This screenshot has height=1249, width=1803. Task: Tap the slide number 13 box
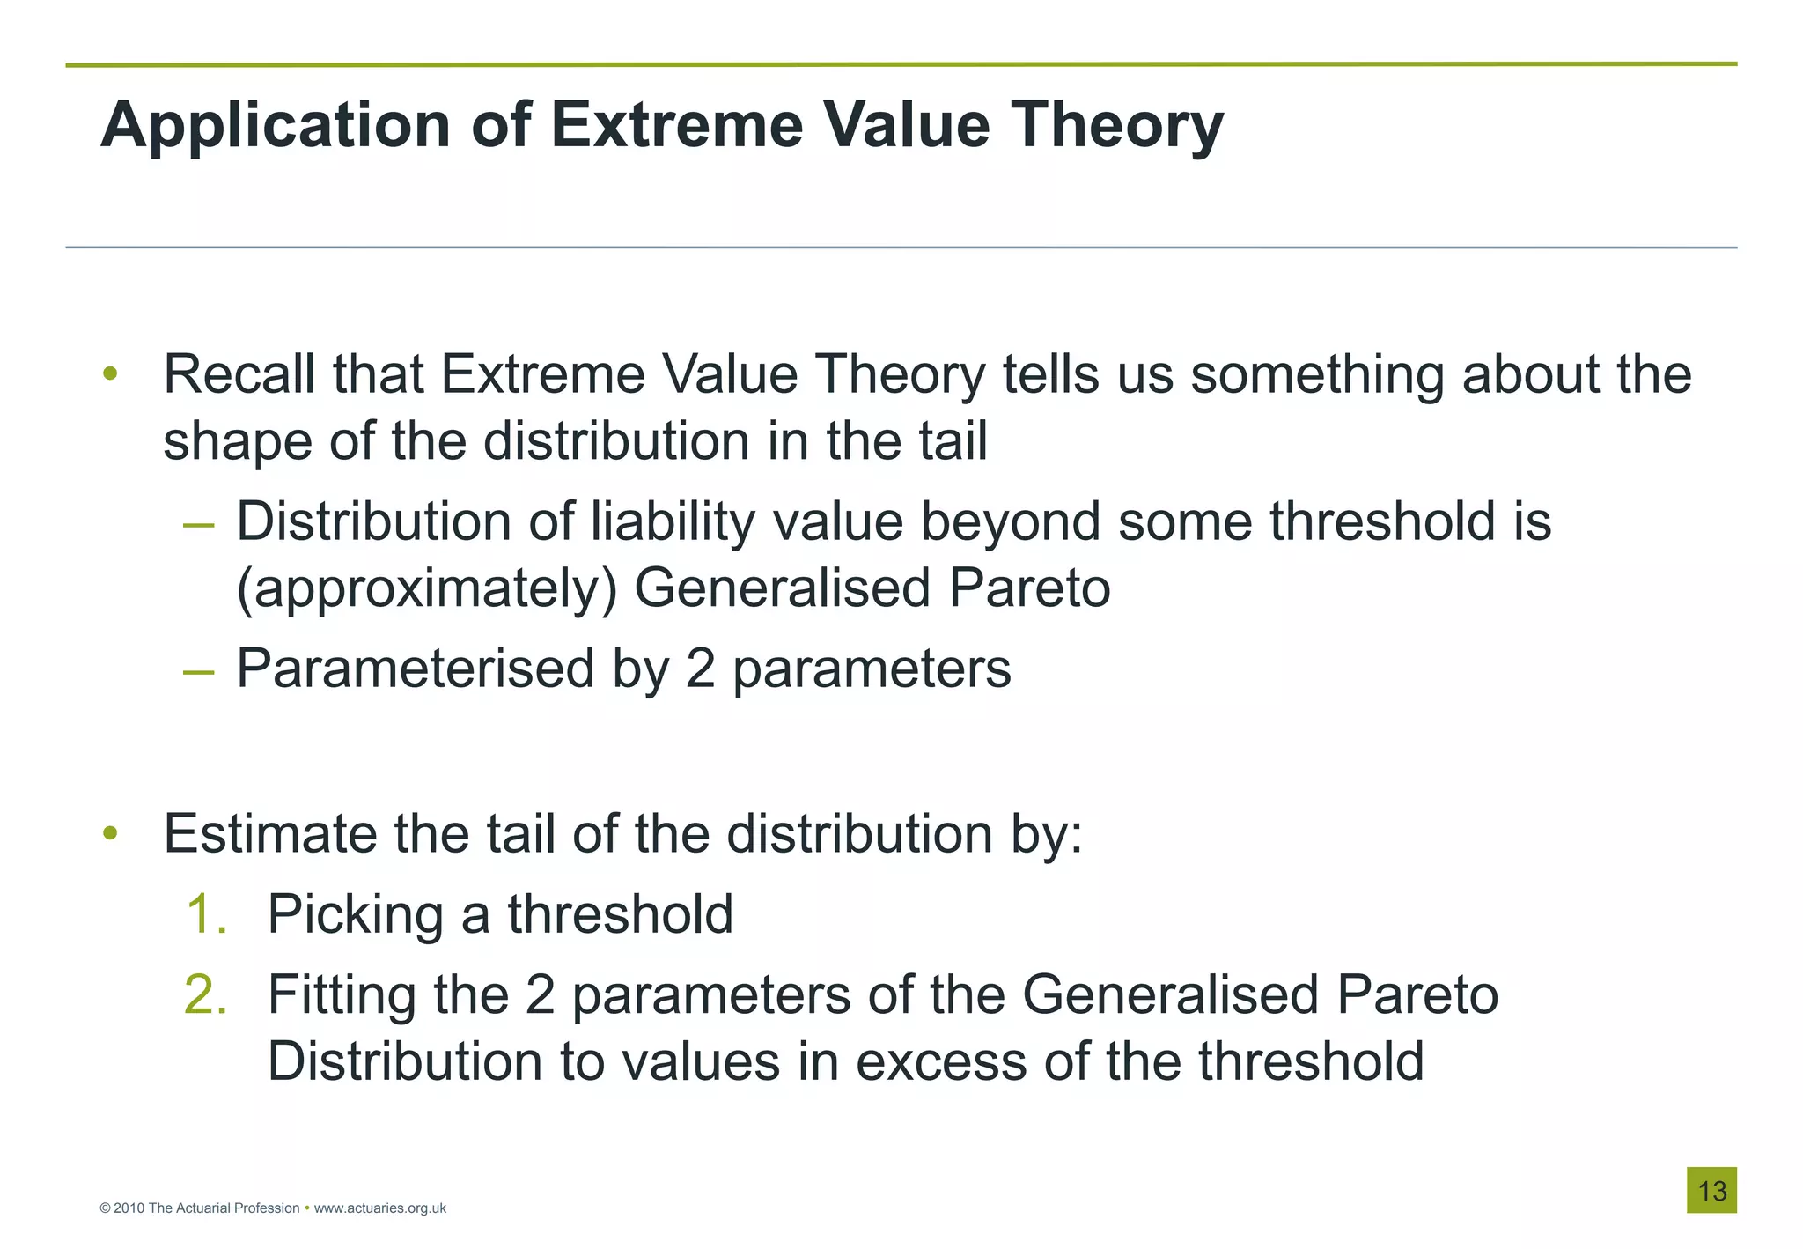click(1711, 1190)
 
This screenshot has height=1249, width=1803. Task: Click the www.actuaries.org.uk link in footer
click(379, 1208)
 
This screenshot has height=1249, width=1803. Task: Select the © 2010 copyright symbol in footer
click(106, 1208)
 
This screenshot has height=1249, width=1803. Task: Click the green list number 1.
click(206, 913)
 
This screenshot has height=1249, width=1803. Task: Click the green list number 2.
click(206, 994)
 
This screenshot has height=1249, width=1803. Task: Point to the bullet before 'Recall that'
click(110, 374)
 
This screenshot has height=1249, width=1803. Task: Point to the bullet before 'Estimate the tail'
click(110, 833)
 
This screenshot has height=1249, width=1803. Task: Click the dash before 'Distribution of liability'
click(199, 525)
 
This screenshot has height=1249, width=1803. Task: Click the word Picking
click(355, 913)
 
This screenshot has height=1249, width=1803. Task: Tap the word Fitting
click(342, 994)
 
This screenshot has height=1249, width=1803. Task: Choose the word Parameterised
click(416, 669)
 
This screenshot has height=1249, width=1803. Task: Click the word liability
click(673, 523)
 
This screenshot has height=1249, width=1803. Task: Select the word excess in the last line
click(940, 1061)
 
